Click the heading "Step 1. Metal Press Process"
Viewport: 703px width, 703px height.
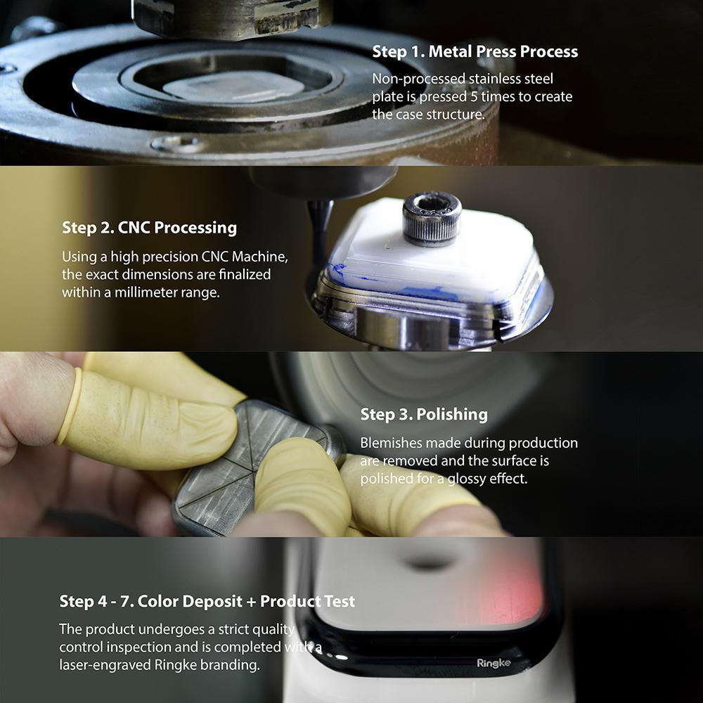475,51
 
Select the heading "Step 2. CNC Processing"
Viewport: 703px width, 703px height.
149,228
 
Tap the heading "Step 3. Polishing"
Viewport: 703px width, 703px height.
423,414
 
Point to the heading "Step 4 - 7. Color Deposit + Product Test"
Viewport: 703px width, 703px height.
207,601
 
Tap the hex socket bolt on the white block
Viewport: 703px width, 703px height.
431,209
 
